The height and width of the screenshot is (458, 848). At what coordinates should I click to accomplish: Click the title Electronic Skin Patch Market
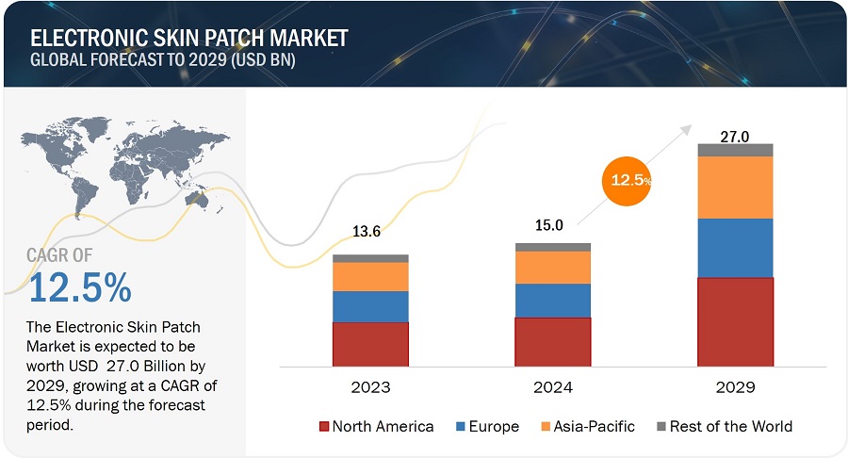(189, 38)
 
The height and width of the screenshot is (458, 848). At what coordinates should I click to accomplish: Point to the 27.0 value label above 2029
(735, 136)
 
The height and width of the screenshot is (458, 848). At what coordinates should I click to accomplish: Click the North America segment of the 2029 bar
(735, 321)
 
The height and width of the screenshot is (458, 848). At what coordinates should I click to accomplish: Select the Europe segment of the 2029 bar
(735, 248)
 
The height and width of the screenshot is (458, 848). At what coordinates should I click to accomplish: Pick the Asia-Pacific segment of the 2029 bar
(735, 187)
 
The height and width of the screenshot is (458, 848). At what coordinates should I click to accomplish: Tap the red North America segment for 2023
(369, 343)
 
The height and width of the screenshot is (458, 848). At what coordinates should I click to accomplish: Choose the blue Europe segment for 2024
(552, 300)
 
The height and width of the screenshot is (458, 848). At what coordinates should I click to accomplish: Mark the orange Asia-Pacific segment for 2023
(369, 276)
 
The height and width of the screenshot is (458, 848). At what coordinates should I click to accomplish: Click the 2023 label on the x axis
(369, 387)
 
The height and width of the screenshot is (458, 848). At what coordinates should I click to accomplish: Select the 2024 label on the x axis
(552, 387)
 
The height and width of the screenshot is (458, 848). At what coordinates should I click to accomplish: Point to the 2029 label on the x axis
(735, 387)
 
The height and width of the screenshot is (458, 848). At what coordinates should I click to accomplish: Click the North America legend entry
(376, 426)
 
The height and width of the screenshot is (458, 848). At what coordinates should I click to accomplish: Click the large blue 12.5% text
(80, 288)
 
